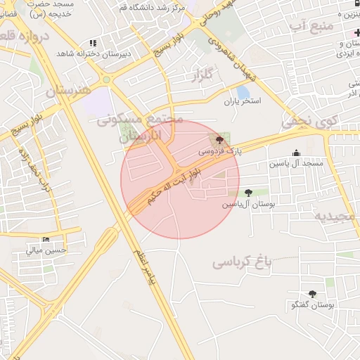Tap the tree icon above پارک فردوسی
click(221, 139)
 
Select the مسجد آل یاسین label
click(295, 164)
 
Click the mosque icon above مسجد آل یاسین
click(296, 153)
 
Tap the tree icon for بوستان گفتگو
click(312, 294)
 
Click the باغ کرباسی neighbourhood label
click(241, 263)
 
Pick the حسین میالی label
click(46, 250)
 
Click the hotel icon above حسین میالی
click(46, 239)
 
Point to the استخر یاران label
click(243, 101)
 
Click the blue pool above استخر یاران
click(243, 91)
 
